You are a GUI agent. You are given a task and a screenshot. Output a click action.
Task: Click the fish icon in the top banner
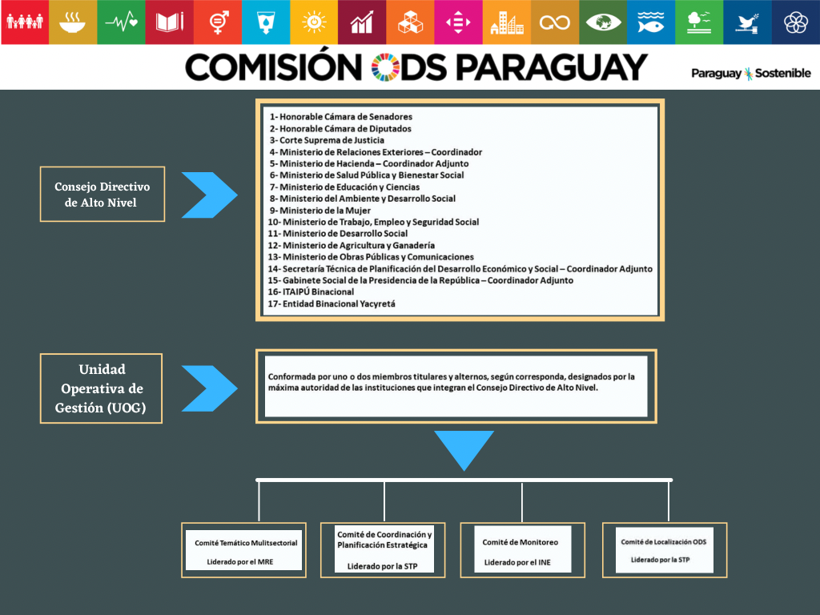point(650,22)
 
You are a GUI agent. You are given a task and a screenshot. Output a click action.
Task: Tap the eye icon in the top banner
point(603,22)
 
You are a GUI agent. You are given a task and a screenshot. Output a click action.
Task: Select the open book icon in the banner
point(170,22)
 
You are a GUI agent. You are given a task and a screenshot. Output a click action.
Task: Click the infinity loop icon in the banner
point(554,23)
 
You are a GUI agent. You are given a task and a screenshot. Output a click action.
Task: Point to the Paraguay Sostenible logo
point(751,73)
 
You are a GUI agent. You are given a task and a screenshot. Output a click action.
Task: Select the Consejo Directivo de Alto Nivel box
point(102,194)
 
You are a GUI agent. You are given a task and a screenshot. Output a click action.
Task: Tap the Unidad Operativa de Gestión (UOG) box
point(101,388)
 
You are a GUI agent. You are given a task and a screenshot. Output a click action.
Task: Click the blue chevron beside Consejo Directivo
point(210,195)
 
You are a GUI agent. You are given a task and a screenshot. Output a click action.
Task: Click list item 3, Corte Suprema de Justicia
point(327,140)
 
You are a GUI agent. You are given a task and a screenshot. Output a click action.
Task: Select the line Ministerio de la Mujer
point(320,211)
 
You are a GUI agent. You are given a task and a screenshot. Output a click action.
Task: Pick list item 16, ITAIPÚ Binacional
point(312,291)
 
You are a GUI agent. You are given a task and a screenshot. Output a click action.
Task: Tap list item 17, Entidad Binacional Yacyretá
point(332,303)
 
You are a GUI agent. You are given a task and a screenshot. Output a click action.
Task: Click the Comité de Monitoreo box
point(522,549)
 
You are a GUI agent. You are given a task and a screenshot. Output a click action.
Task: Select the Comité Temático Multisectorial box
point(243,550)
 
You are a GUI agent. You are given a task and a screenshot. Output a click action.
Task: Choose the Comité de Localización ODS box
point(665,549)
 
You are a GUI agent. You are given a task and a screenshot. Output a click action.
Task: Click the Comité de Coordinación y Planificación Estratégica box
point(383,549)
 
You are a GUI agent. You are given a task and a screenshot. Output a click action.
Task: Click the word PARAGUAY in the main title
point(551,67)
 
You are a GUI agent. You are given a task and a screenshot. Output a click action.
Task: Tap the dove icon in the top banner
point(747,23)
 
